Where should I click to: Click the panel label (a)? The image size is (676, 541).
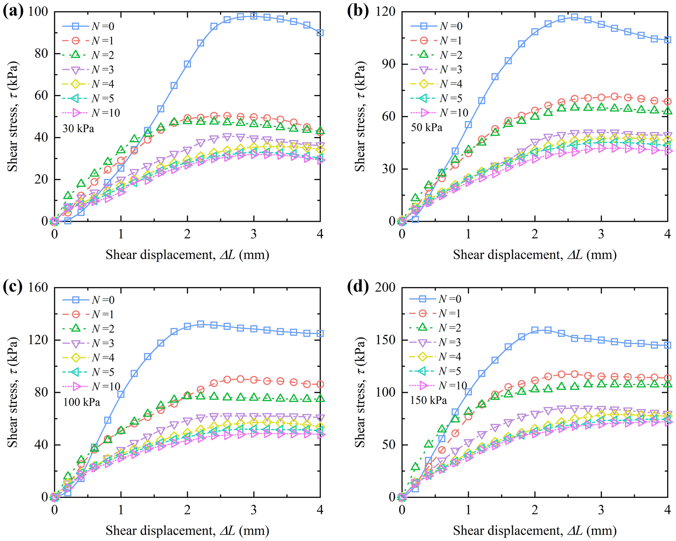(14, 11)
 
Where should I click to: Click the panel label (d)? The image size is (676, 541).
(358, 287)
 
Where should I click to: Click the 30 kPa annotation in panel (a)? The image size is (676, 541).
(78, 128)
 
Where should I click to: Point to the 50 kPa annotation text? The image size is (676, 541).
(426, 127)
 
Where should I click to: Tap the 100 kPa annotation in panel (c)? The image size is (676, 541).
(81, 402)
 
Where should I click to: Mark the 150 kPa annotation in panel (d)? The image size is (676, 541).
(428, 401)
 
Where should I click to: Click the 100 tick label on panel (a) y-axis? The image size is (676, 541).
(38, 11)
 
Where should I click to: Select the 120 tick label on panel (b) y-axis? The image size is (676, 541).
(386, 11)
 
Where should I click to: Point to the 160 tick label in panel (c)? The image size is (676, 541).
(38, 287)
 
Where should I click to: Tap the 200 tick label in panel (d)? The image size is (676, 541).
(386, 287)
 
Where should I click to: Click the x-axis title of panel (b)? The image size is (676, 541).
(535, 255)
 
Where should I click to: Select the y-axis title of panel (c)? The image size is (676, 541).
(13, 392)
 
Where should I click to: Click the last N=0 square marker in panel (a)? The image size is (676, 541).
(320, 33)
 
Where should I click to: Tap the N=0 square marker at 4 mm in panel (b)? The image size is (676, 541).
(667, 40)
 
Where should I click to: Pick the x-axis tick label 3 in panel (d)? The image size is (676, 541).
(601, 510)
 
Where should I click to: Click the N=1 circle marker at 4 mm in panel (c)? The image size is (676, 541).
(320, 384)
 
